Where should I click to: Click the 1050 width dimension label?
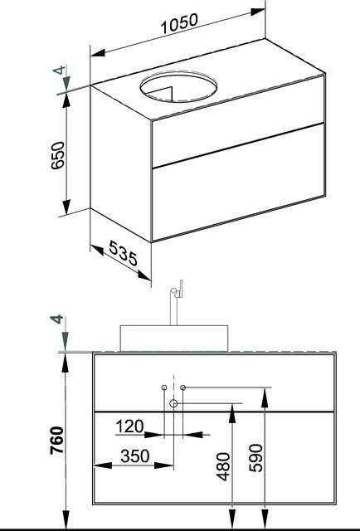click(179, 24)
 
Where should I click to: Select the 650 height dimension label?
click(57, 155)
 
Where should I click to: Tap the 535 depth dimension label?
click(123, 254)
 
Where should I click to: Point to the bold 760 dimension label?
click(56, 441)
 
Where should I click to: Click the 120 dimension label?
click(129, 426)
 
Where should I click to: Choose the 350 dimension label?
click(134, 456)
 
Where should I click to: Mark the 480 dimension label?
click(223, 466)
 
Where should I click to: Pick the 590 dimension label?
click(255, 458)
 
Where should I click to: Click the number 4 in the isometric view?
click(59, 71)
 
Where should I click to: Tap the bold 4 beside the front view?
click(56, 319)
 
